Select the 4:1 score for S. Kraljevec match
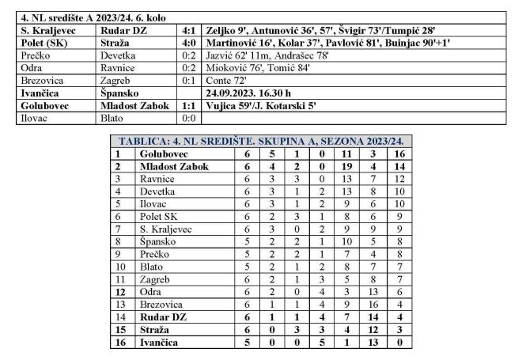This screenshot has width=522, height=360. [184, 28]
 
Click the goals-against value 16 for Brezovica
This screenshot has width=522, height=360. [374, 302]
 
